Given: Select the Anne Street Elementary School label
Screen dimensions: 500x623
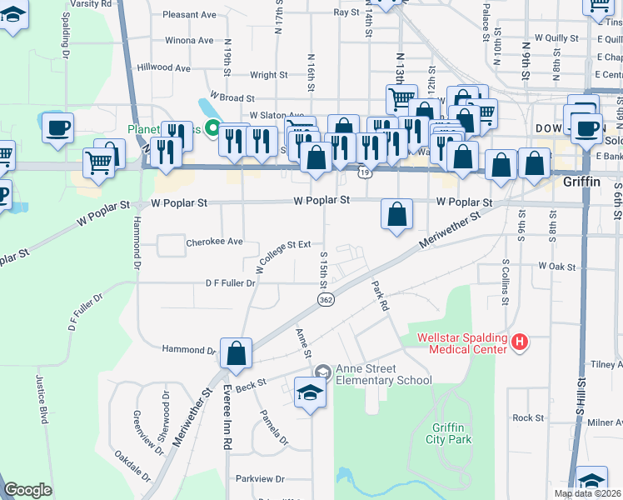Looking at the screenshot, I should pos(384,375).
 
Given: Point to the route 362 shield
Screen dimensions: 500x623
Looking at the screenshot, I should pos(326,300).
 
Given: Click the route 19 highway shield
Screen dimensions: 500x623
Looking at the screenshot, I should pos(366,172).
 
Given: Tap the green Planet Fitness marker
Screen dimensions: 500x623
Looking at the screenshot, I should pos(212,129).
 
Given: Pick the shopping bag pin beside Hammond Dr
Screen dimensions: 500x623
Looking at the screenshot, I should pos(237,353).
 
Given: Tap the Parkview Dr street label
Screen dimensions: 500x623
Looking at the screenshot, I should pos(260,479).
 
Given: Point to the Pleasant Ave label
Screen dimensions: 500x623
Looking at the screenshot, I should pos(190,15).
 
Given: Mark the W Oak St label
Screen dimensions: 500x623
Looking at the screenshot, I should pos(557,266).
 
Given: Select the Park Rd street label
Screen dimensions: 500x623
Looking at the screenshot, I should pos(380,295).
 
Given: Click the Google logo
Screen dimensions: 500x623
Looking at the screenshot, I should pos(27,490).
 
